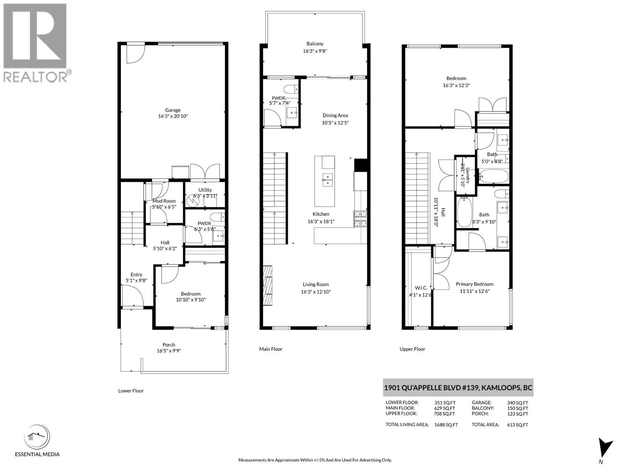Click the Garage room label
pyautogui.click(x=172, y=110)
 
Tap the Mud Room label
pyautogui.click(x=164, y=201)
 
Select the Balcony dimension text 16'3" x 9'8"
pyautogui.click(x=315, y=51)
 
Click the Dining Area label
pyautogui.click(x=335, y=115)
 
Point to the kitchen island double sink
pyautogui.click(x=327, y=179)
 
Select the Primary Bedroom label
pyautogui.click(x=474, y=284)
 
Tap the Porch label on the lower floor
pyautogui.click(x=169, y=345)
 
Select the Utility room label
pyautogui.click(x=205, y=190)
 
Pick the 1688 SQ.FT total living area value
pyautogui.click(x=446, y=425)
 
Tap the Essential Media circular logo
pyautogui.click(x=37, y=437)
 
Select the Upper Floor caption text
pyautogui.click(x=412, y=349)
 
